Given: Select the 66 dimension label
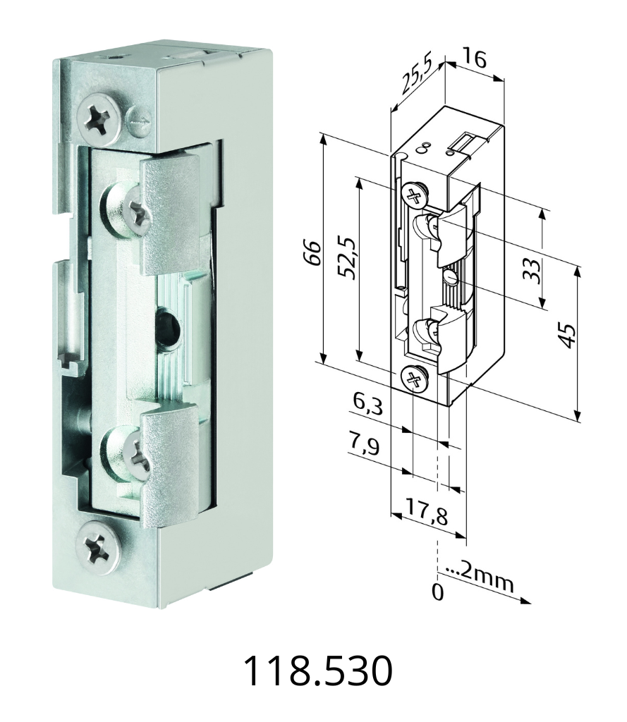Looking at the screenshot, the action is (x=313, y=252).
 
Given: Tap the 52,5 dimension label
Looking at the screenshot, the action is (x=348, y=258).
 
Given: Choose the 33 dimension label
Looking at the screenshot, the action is (x=531, y=271).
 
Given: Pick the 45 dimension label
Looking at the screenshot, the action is (x=567, y=336).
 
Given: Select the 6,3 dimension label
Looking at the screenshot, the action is (x=367, y=405).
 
